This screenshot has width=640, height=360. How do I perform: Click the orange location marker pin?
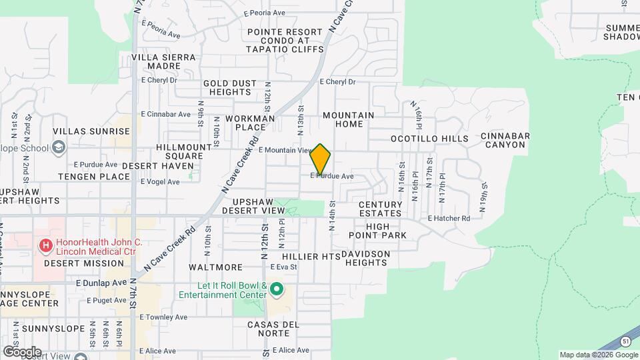pos(321,159)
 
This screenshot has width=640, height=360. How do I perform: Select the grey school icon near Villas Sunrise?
pos(59,147)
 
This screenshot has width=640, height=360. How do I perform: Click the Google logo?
pos(22,351)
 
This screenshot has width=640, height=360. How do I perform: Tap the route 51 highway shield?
pos(625,341)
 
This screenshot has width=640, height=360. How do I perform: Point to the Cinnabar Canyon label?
pos(505,140)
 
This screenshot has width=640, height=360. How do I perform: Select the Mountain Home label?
pos(348,119)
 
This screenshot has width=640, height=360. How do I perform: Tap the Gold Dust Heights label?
pos(230,87)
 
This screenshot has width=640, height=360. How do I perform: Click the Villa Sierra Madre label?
pos(164,62)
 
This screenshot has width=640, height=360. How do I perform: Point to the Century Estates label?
pos(380,209)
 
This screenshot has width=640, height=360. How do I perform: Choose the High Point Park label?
pos(386,231)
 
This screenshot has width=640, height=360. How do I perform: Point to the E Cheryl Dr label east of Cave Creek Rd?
pos(337,82)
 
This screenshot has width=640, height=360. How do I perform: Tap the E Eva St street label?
pos(283,267)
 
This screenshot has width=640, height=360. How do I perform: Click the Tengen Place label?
pos(94,177)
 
